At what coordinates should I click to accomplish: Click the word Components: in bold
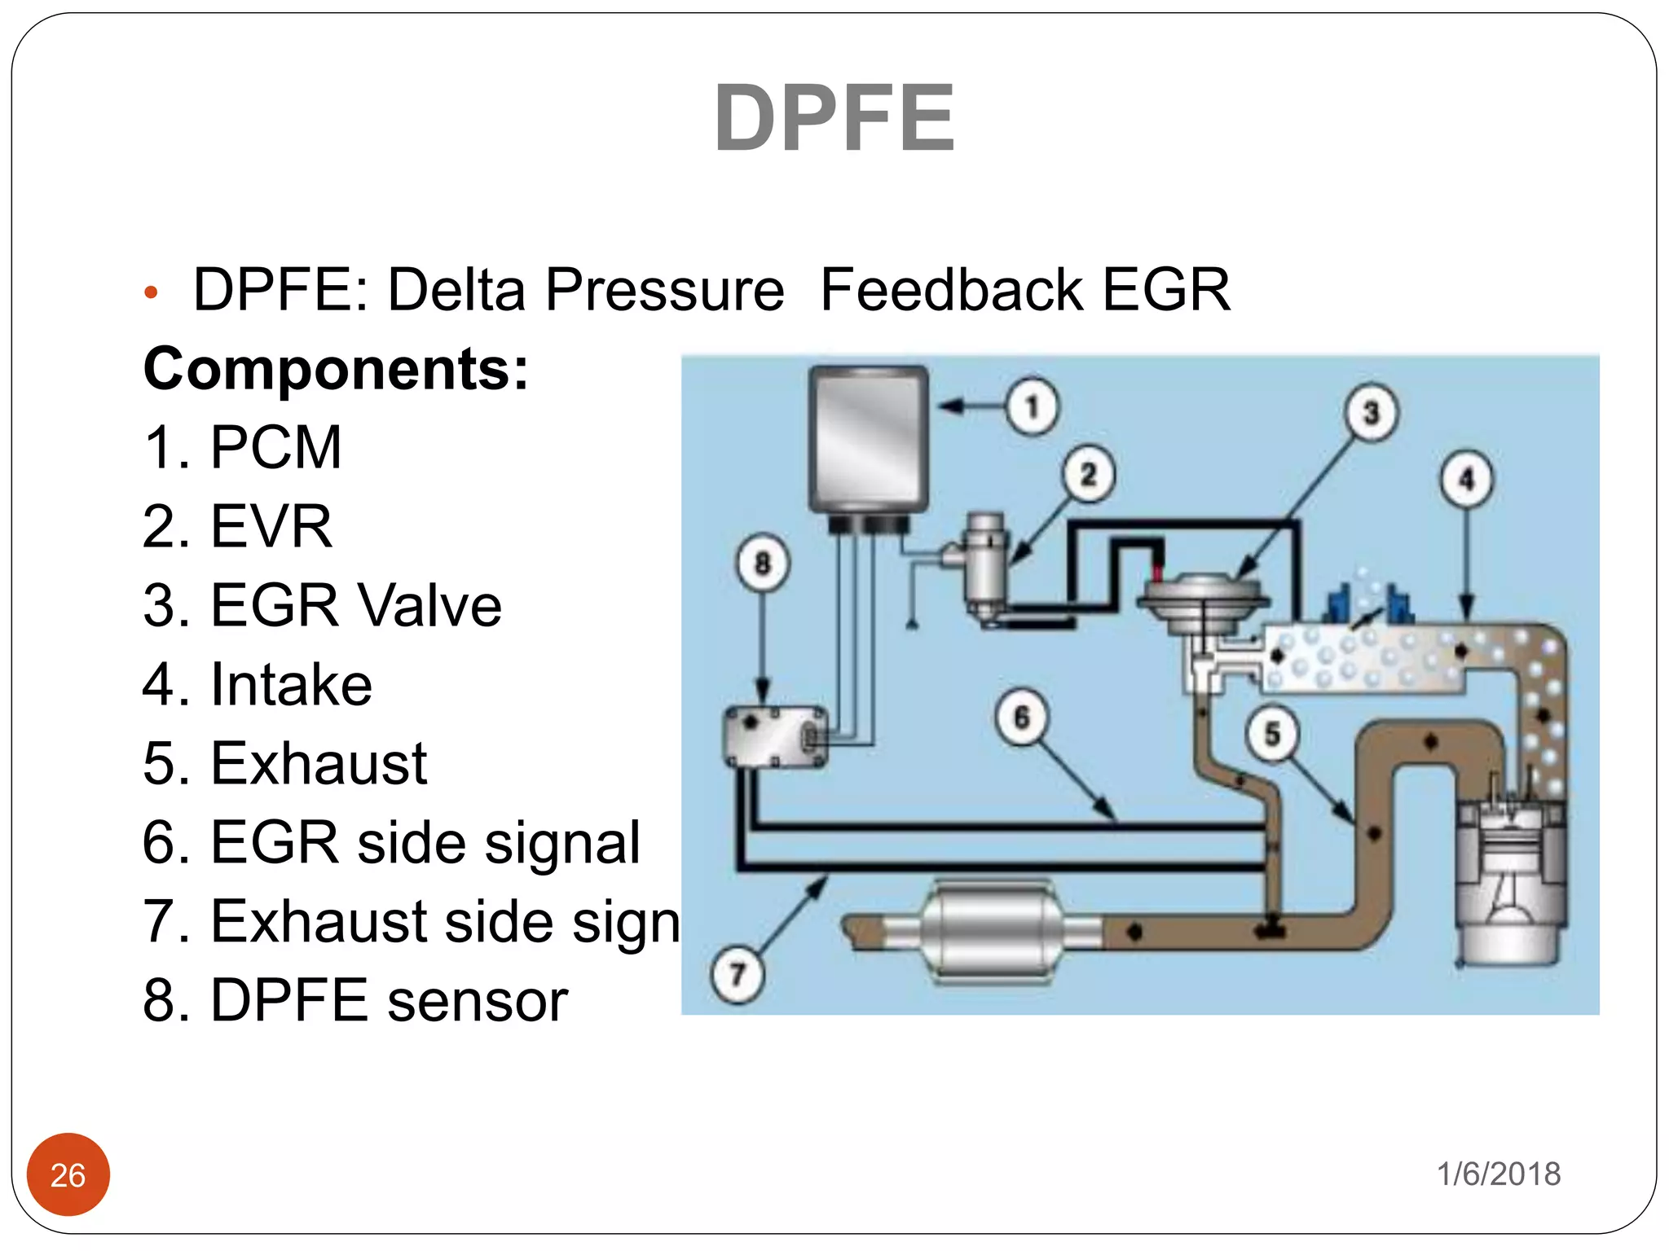[x=336, y=369]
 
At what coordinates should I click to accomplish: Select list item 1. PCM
[x=242, y=447]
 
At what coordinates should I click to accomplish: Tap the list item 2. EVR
[x=237, y=526]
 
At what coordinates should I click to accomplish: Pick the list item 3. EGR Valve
[x=322, y=605]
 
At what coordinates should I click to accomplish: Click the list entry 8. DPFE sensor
[x=354, y=1000]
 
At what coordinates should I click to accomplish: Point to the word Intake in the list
[x=291, y=684]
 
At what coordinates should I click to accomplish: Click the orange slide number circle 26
[x=68, y=1174]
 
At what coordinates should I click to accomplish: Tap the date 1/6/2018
[x=1498, y=1174]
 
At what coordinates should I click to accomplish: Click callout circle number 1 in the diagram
[x=1032, y=406]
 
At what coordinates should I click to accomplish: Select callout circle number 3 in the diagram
[x=1371, y=413]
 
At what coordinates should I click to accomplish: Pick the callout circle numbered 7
[x=738, y=975]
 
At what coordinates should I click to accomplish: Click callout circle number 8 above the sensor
[x=763, y=563]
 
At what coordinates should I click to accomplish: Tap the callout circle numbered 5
[x=1272, y=734]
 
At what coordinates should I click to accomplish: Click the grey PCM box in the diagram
[x=869, y=440]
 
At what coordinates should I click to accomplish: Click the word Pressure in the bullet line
[x=664, y=290]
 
